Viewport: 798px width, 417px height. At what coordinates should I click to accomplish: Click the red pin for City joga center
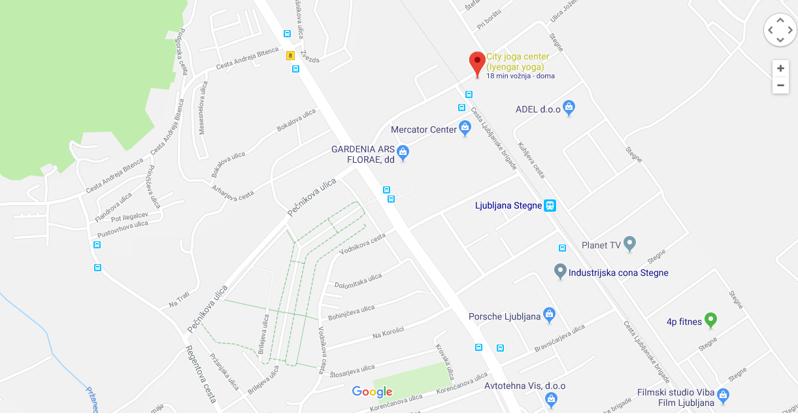tap(477, 64)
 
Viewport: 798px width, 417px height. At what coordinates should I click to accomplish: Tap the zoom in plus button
tap(780, 69)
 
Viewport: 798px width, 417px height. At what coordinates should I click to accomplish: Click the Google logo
tap(372, 392)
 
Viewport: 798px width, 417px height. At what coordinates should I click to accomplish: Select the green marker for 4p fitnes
tap(710, 320)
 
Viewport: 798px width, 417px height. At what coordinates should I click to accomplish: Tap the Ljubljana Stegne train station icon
tap(550, 205)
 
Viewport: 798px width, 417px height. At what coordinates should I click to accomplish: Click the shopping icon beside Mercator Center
tap(465, 127)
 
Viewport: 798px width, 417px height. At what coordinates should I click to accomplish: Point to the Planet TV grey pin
tap(629, 244)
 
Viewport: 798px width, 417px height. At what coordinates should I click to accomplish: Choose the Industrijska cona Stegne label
tap(618, 273)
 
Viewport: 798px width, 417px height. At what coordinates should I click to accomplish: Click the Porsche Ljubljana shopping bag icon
tap(549, 316)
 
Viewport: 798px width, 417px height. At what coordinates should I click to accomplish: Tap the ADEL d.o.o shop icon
tap(569, 107)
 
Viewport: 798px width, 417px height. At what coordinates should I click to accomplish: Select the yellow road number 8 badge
tap(290, 56)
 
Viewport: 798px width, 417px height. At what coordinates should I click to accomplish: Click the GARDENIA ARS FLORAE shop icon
tap(403, 153)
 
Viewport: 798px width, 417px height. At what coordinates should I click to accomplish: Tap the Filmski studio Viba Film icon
tap(722, 395)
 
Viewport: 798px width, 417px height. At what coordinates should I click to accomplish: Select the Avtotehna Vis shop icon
tap(551, 398)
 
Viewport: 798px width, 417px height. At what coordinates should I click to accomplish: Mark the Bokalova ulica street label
tap(296, 120)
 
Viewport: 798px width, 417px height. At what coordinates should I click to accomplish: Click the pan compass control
tap(780, 30)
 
